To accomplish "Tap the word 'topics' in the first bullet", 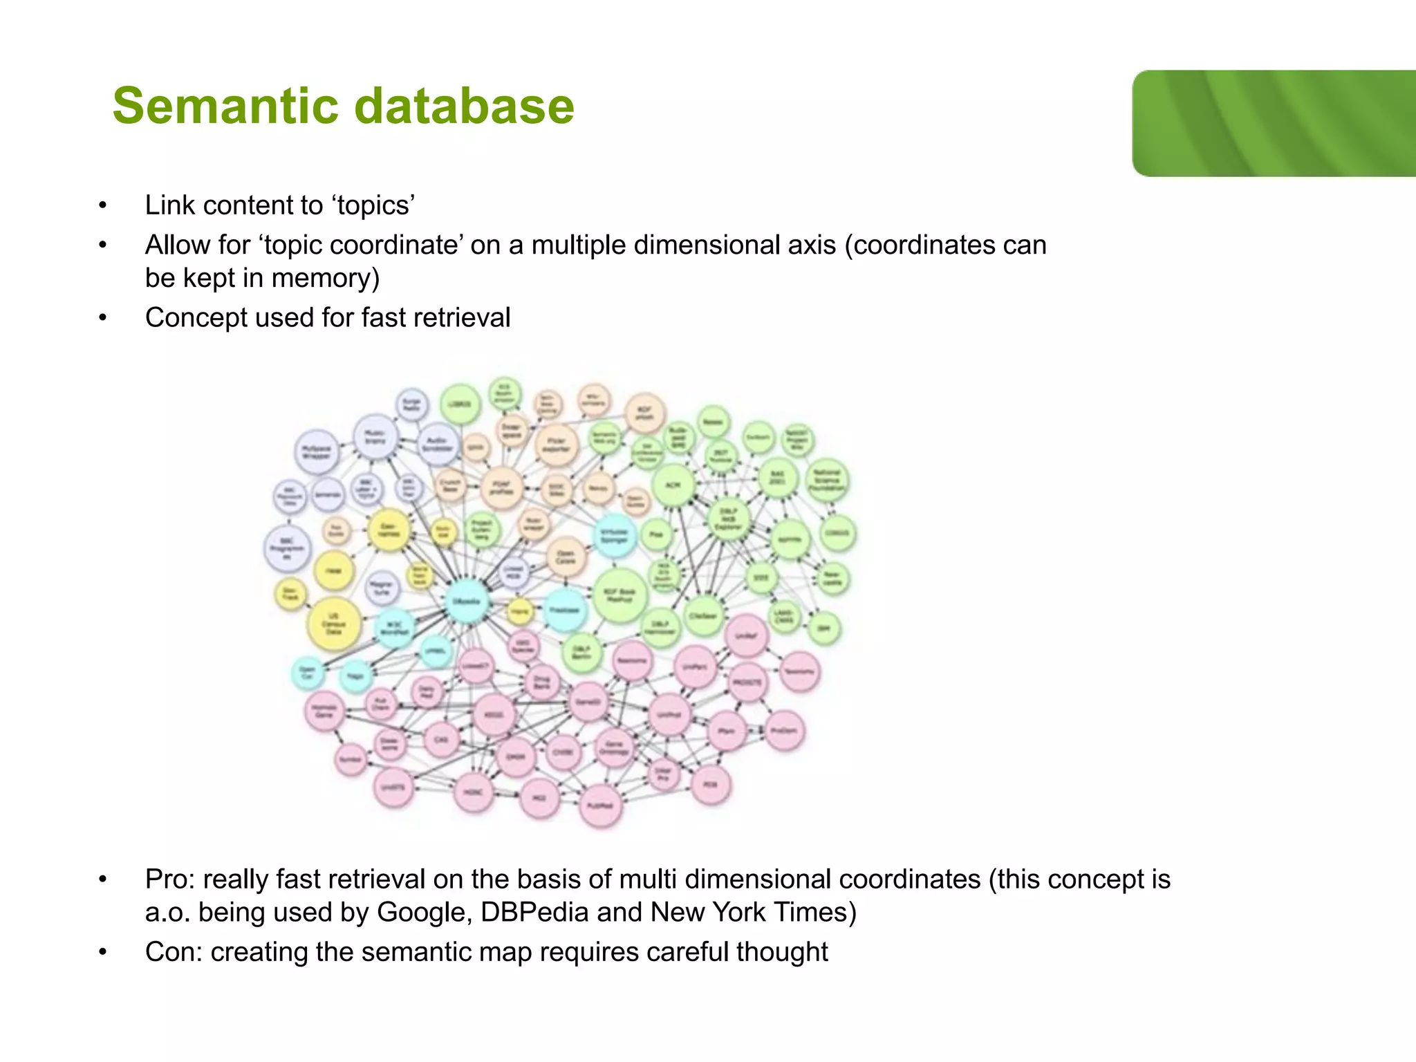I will (x=373, y=206).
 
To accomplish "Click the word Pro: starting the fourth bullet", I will (x=170, y=879).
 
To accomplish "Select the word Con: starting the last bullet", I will (x=174, y=952).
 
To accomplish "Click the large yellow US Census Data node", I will (x=334, y=624).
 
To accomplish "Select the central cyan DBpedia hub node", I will (x=466, y=600).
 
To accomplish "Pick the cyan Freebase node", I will (x=565, y=610).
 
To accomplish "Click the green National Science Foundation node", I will (x=827, y=480).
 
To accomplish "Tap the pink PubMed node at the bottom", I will (x=599, y=805).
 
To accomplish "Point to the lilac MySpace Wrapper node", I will (x=317, y=451).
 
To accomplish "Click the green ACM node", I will (x=672, y=485).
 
